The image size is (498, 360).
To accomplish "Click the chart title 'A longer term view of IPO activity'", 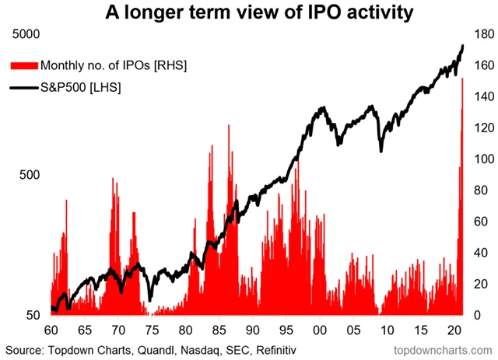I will (249, 14).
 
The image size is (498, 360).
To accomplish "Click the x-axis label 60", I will (51, 330).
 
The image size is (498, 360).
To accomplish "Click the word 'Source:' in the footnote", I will (25, 347).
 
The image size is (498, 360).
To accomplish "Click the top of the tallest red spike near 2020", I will (463, 79).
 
